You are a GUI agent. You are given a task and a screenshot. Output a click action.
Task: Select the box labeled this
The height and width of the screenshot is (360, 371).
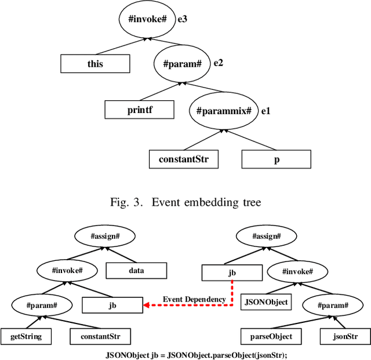tap(95, 64)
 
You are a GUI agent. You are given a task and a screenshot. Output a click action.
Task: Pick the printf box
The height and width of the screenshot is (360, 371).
tap(139, 110)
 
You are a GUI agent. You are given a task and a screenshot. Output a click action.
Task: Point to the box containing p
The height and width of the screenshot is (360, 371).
tap(276, 159)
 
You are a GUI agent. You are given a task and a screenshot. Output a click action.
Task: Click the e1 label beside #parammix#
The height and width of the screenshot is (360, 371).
tap(266, 110)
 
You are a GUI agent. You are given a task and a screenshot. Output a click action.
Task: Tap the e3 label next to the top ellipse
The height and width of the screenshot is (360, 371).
tap(183, 19)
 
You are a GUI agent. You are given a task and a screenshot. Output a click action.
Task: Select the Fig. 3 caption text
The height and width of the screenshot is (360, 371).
tap(185, 202)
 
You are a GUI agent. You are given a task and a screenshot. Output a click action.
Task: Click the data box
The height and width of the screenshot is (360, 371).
tap(136, 270)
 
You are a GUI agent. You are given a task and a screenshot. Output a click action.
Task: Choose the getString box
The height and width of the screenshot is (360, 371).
tap(26, 336)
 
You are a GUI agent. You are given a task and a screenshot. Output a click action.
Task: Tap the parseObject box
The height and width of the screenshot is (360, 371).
tap(267, 336)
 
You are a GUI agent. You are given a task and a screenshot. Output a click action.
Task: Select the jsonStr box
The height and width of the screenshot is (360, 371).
tap(345, 336)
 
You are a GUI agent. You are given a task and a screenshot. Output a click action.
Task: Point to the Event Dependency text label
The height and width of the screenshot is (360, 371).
tap(194, 299)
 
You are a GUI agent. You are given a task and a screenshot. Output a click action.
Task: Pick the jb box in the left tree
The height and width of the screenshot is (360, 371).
tap(112, 304)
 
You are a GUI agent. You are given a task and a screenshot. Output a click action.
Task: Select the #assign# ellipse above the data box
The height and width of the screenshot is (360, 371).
tap(105, 236)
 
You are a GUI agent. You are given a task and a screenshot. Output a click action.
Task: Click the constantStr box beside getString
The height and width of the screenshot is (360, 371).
tap(100, 336)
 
